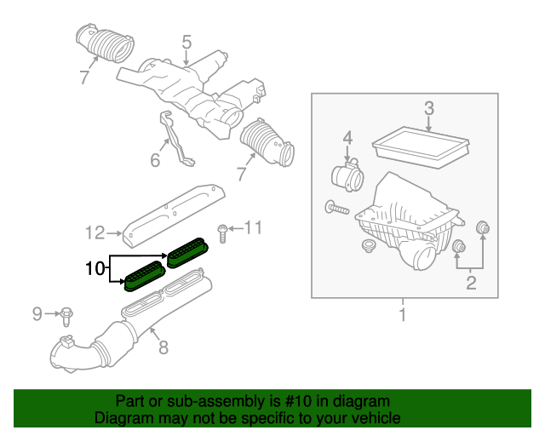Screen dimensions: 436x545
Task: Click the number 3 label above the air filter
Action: [x=429, y=109]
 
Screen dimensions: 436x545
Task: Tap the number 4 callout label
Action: [x=347, y=137]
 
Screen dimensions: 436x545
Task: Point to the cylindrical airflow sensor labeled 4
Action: [x=348, y=181]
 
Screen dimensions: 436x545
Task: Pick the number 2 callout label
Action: [x=470, y=284]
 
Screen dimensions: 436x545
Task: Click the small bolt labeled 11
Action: [x=221, y=229]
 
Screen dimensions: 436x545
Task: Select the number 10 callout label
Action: [x=95, y=269]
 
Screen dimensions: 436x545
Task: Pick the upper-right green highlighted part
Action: [x=186, y=252]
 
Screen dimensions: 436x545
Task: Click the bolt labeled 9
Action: [x=66, y=316]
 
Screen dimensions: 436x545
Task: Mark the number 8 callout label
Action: [x=164, y=347]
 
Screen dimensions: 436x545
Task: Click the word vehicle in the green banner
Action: [x=372, y=418]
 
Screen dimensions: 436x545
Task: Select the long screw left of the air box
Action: [x=336, y=206]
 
